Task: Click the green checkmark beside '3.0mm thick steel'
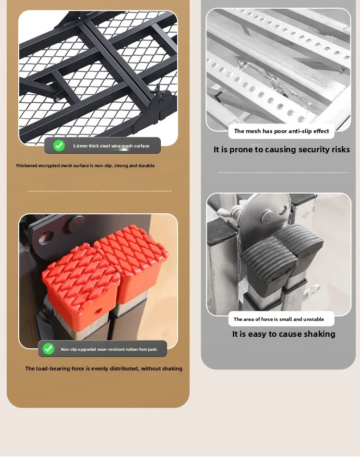pyautogui.click(x=59, y=146)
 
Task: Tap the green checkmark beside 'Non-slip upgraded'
pyautogui.click(x=48, y=349)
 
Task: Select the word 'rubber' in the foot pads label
pyautogui.click(x=132, y=349)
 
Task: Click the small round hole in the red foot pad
pyautogui.click(x=97, y=312)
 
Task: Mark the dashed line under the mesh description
pyautogui.click(x=99, y=191)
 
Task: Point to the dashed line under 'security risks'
pyautogui.click(x=283, y=172)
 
